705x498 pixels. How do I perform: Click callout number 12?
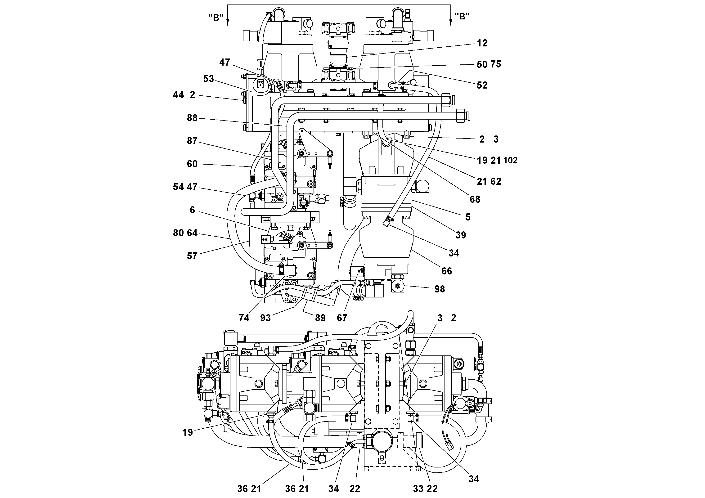pos(482,43)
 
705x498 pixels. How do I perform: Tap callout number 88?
pos(192,118)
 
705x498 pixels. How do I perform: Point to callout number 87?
pos(192,141)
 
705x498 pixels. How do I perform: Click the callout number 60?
pos(192,164)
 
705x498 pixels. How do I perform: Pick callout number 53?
pos(208,79)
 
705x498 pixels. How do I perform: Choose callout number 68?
pos(475,200)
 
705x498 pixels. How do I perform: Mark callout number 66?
pos(447,271)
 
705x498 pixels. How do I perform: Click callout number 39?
pos(461,235)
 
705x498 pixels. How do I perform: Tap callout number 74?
pos(244,318)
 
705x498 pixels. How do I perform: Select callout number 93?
pos(266,318)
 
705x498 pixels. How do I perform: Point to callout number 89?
pos(320,318)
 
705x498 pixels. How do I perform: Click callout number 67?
pos(342,318)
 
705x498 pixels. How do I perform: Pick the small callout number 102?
pos(510,161)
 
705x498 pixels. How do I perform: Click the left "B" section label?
pos(216,18)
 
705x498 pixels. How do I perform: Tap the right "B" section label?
pos(462,17)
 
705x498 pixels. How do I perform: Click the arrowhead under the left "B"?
pos(228,22)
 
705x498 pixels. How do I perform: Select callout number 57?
pos(192,256)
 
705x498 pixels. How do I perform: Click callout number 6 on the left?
pos(192,210)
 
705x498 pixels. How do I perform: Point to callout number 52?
pos(482,85)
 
